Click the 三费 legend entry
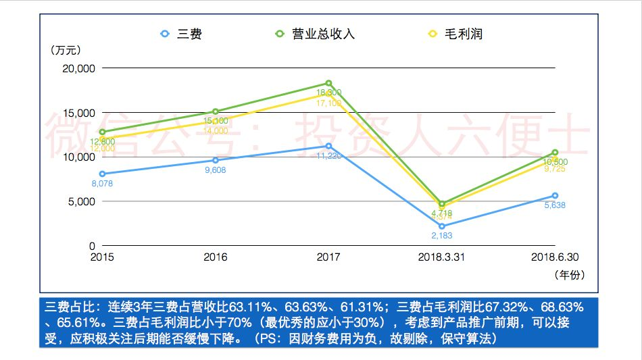click(181, 34)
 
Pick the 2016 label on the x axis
click(215, 257)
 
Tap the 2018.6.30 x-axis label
click(555, 257)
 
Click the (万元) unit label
click(66, 50)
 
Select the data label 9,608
click(214, 170)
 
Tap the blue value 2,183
click(441, 236)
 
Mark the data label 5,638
click(555, 205)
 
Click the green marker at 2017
click(328, 83)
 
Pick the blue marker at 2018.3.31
click(442, 226)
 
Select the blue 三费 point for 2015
click(102, 174)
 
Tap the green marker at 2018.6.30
click(555, 153)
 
